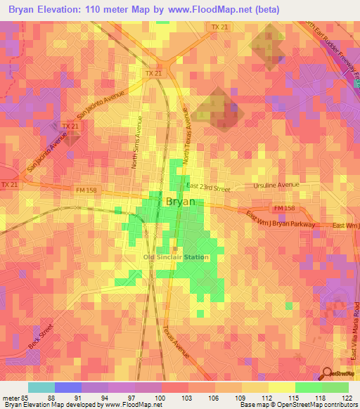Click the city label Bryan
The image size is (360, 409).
tap(185, 201)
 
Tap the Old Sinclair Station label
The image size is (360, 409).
tap(176, 257)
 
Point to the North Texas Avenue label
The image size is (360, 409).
tap(186, 134)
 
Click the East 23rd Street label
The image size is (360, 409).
tap(209, 188)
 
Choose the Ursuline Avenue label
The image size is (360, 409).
tap(276, 186)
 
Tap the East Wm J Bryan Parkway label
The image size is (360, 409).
tap(276, 220)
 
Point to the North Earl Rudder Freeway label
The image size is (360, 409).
tap(330, 53)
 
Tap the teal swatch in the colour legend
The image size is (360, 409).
tap(41, 387)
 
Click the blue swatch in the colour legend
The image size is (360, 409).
tap(68, 387)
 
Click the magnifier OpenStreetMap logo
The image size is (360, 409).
tap(326, 374)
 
